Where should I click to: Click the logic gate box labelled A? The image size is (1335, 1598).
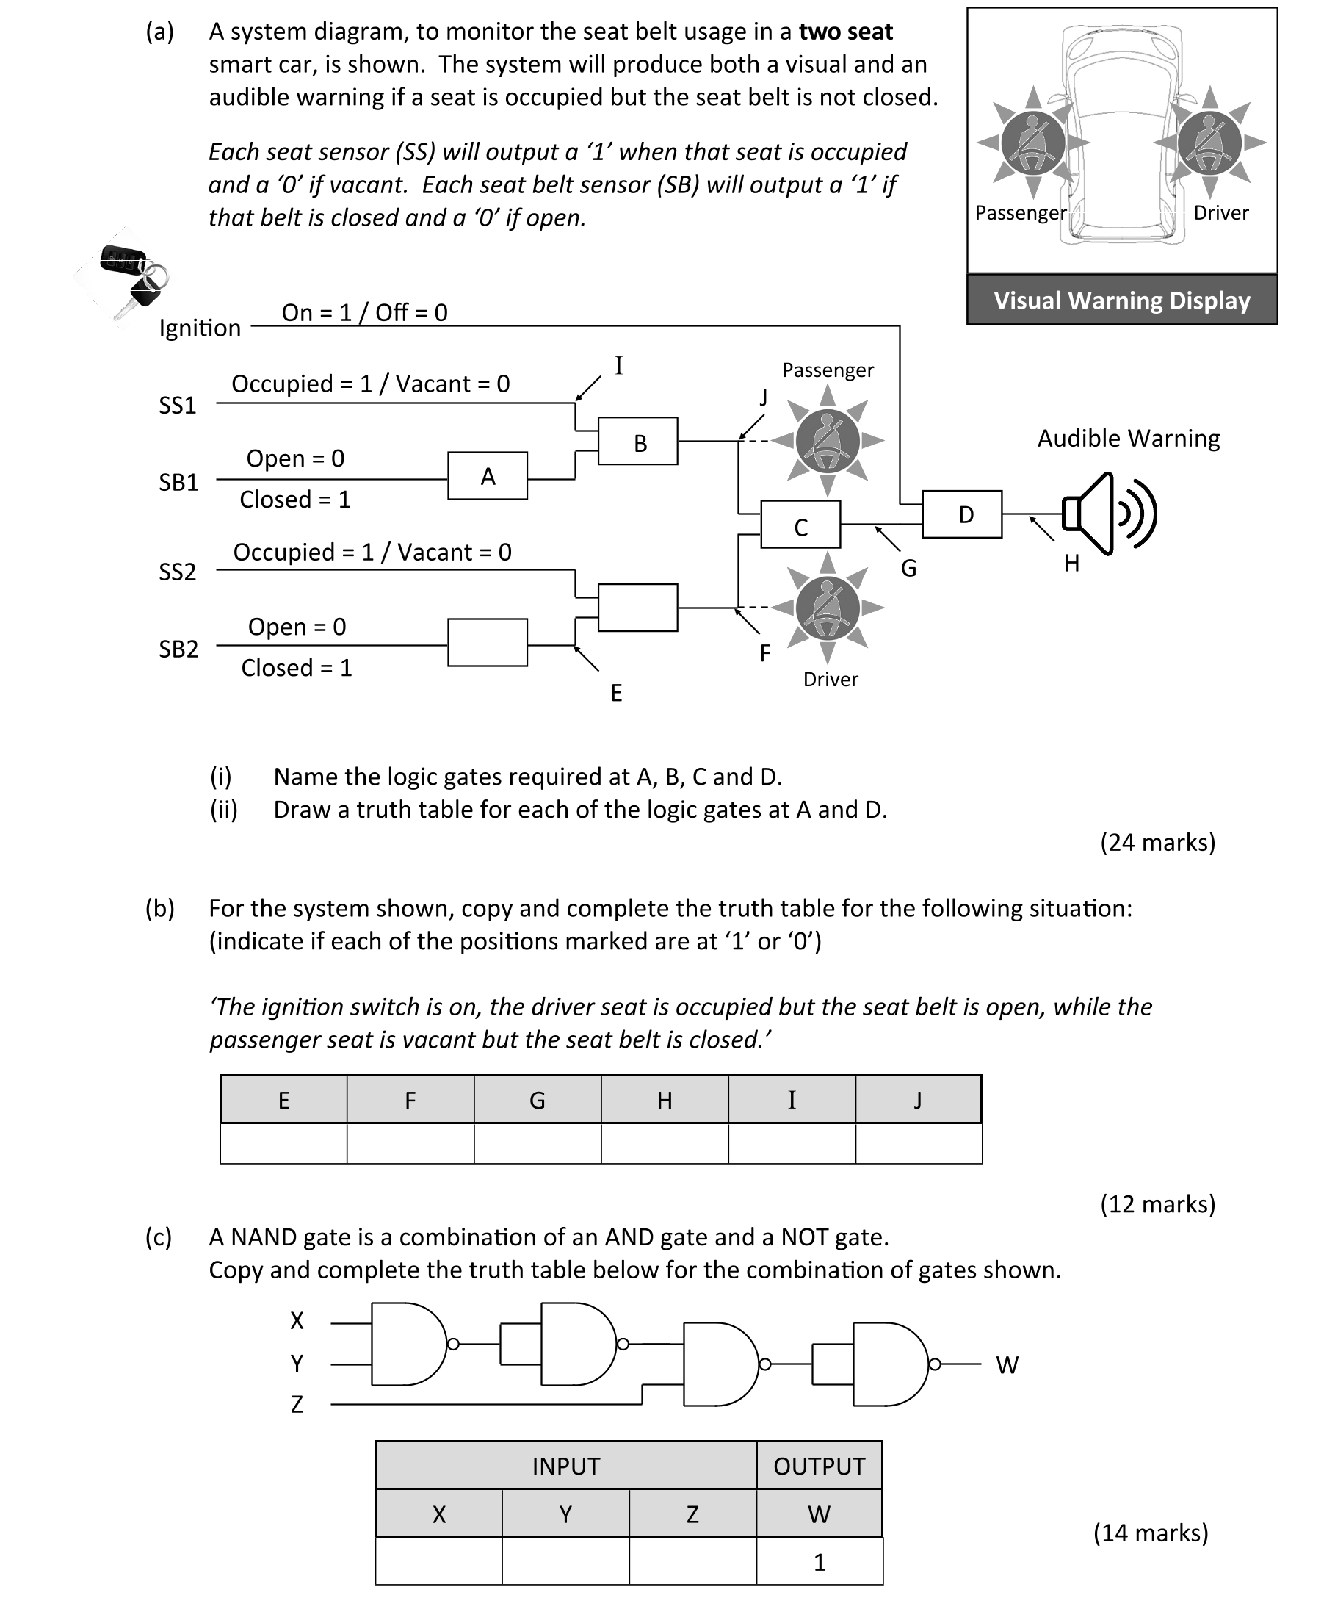(x=487, y=475)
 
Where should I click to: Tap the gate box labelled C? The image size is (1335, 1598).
(x=800, y=525)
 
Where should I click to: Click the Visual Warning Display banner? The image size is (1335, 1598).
(x=1121, y=300)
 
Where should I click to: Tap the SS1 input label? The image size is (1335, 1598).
(x=177, y=405)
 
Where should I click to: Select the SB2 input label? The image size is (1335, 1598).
(x=178, y=649)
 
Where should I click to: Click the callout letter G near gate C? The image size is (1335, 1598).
(x=908, y=569)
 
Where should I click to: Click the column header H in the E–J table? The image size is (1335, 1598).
(x=664, y=1101)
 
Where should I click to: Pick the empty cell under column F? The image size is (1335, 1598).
(x=410, y=1144)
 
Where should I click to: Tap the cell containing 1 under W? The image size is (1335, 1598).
(x=820, y=1562)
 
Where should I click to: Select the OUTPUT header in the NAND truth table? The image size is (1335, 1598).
(x=819, y=1466)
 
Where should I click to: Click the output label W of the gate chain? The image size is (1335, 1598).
(x=1006, y=1365)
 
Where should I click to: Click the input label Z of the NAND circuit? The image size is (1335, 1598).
(x=297, y=1404)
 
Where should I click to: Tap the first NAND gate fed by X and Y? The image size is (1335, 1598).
(x=407, y=1344)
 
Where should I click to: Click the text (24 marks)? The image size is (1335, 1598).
(x=1157, y=843)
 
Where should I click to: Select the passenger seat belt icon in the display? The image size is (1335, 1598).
(x=1032, y=143)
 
